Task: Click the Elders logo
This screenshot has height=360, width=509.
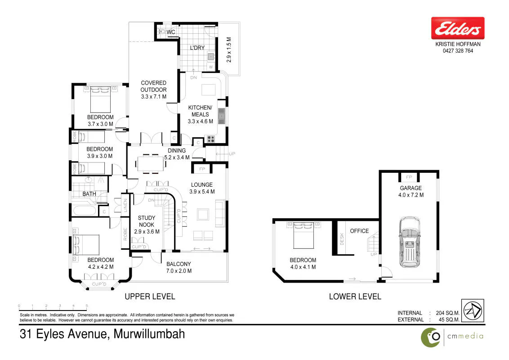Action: click(x=458, y=28)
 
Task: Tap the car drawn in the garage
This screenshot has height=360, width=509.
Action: click(x=409, y=242)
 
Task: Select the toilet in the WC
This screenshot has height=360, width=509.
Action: click(x=162, y=31)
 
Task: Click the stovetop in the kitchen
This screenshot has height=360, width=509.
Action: click(x=211, y=139)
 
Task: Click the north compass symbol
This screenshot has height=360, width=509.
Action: click(x=473, y=310)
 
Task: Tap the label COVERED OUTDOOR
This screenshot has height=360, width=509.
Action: click(x=153, y=86)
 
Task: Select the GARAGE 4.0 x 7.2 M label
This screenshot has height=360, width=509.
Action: click(x=411, y=191)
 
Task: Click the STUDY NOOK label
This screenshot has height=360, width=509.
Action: click(x=147, y=221)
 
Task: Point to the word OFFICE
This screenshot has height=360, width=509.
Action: click(x=359, y=231)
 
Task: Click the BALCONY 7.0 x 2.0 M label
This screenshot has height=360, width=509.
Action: click(x=179, y=267)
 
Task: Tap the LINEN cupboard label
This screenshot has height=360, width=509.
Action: click(x=125, y=205)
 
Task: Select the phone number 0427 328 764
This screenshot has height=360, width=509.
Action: click(x=458, y=51)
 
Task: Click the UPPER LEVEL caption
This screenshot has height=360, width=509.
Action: click(x=150, y=296)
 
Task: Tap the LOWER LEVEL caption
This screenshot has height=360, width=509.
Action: click(x=355, y=296)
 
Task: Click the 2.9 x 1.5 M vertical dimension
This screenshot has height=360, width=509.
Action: click(x=229, y=49)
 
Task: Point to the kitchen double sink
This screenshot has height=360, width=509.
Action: click(x=221, y=116)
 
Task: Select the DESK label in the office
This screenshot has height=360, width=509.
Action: click(x=342, y=239)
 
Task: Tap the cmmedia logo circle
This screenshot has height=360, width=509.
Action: click(x=431, y=337)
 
